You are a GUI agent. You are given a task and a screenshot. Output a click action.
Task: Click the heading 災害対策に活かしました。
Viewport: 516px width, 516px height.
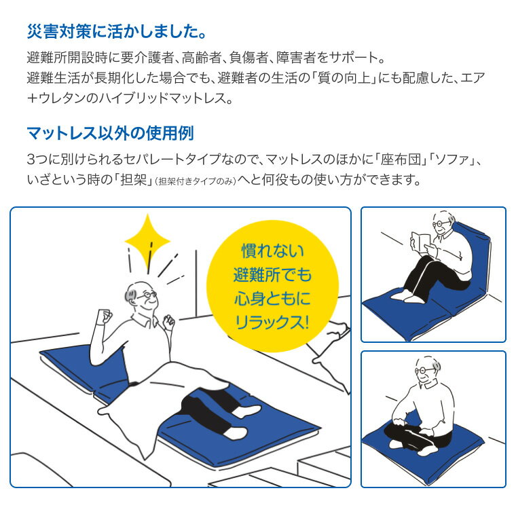[x=117, y=32]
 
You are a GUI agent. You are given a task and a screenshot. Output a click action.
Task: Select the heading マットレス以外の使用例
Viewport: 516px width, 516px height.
[x=110, y=133]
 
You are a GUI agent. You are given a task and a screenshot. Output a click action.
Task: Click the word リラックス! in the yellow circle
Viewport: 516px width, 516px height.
[x=272, y=322]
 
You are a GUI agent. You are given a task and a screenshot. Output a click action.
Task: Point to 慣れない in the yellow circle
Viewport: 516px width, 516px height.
[x=272, y=251]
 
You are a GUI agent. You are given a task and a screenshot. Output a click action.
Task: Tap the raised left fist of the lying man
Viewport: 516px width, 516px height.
[x=105, y=316]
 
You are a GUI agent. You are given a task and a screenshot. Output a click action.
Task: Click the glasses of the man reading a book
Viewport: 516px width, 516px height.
[x=441, y=223]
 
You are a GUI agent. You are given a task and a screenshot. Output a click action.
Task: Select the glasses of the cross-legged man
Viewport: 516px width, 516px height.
[x=424, y=370]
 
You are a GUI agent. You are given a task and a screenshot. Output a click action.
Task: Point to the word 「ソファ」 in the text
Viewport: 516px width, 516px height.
[x=453, y=160]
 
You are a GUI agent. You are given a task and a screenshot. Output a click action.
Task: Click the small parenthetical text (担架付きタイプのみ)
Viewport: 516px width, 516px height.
[x=196, y=181]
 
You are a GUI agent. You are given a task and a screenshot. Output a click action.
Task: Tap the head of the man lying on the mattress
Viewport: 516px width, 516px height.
[x=141, y=295]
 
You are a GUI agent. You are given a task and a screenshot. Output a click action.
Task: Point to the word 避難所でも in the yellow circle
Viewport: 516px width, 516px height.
[x=272, y=275]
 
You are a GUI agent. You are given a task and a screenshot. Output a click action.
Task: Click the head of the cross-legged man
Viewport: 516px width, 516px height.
[x=427, y=370]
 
